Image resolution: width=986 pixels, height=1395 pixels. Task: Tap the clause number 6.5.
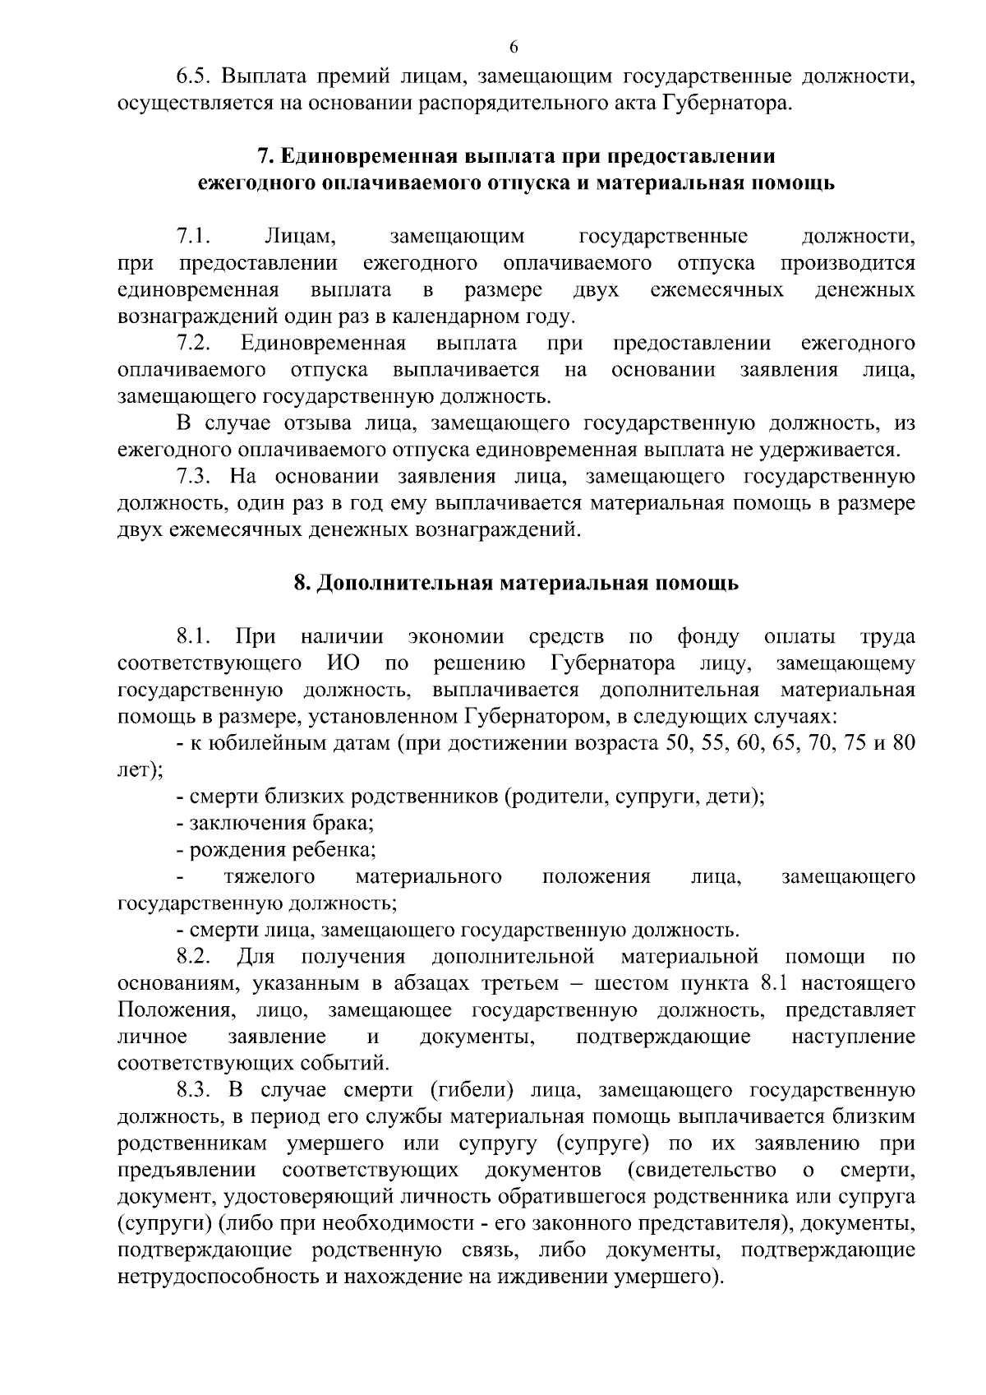tap(195, 77)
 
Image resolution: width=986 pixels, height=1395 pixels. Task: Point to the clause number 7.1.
tap(195, 237)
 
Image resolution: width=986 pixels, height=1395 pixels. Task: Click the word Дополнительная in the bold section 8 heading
tap(401, 584)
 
